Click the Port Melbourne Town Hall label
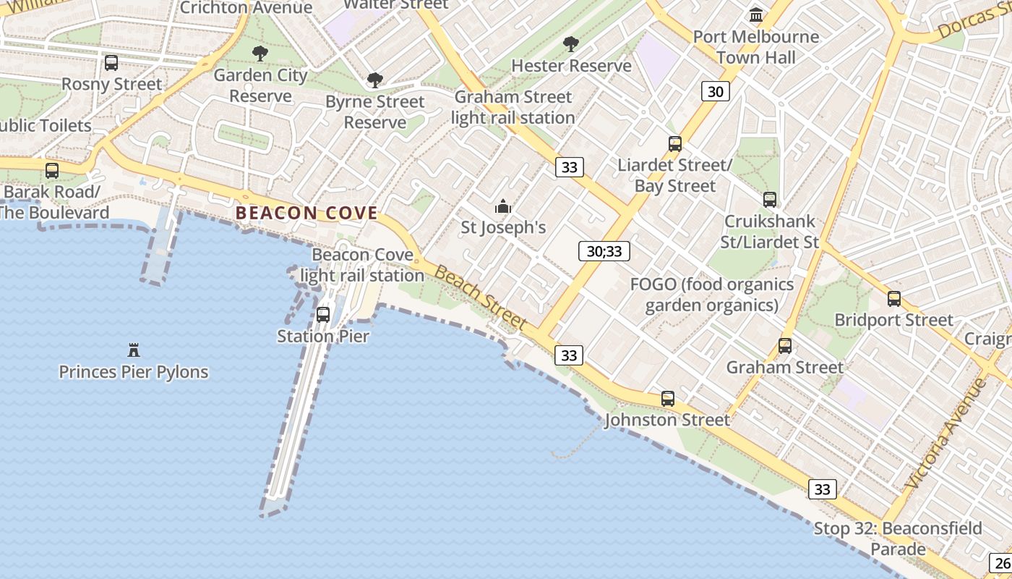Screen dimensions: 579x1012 tap(756, 47)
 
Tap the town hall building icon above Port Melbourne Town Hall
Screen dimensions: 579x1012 tap(756, 14)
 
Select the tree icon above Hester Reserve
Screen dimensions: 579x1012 tap(571, 44)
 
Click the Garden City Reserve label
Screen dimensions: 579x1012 tap(260, 85)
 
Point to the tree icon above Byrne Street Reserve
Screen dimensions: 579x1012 tap(374, 80)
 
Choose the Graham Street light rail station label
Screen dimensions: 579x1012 tap(513, 107)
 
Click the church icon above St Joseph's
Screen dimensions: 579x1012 tap(503, 207)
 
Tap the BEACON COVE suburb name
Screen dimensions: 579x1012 tap(306, 213)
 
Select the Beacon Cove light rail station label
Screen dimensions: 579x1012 tap(361, 265)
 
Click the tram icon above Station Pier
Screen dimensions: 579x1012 tap(323, 314)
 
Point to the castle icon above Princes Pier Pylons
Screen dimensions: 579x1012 tap(133, 350)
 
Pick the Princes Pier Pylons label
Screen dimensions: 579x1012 tap(133, 372)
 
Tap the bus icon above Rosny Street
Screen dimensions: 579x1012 tap(111, 62)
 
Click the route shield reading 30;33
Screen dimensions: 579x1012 tap(604, 251)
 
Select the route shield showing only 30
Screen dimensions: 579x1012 tap(715, 90)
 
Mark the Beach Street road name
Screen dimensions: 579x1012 tap(480, 297)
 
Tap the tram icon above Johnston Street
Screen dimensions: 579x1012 tap(668, 398)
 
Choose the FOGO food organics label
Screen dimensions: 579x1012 tap(712, 295)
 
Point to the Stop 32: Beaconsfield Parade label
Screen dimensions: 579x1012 tap(898, 538)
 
